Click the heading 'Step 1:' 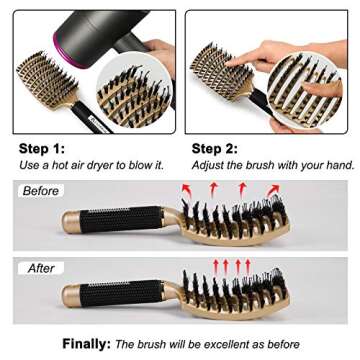43,148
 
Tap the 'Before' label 40,190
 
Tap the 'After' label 40,269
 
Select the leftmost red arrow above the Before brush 186,190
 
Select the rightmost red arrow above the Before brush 273,190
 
